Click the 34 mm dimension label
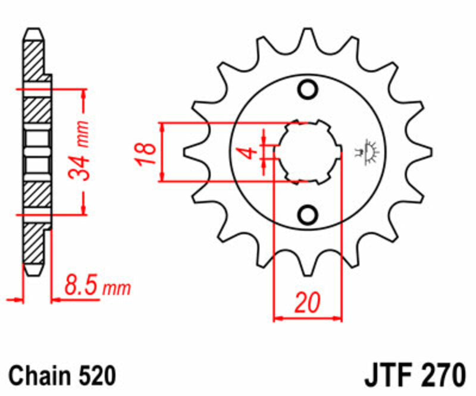point(79,151)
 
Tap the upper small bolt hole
point(308,90)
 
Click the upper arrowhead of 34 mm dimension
point(83,94)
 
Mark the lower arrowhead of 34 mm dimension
point(83,209)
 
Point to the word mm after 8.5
point(117,290)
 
